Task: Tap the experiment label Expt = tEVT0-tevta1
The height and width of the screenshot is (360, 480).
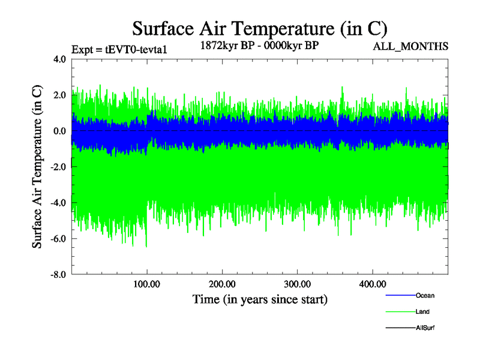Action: (119, 50)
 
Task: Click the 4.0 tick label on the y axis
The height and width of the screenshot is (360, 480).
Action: (60, 59)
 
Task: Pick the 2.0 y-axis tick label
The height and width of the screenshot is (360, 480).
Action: (60, 95)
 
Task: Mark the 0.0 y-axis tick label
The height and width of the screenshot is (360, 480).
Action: (60, 131)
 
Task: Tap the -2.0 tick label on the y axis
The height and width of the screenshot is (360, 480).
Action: (59, 167)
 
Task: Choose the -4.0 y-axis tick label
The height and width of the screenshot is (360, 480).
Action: (59, 203)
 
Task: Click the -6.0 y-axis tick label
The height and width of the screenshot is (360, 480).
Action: (59, 239)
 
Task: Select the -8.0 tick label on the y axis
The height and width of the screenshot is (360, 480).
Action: (59, 275)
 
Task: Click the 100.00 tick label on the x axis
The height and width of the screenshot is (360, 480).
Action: (147, 284)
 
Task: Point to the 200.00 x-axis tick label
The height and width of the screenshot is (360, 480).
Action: (222, 284)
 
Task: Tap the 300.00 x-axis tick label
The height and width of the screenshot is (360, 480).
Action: (297, 284)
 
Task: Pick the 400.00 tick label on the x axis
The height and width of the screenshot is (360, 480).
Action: (372, 284)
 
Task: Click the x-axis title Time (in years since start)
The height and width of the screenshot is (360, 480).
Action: (260, 299)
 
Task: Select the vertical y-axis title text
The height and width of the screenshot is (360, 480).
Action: (37, 167)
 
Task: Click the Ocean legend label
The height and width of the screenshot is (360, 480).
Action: (425, 296)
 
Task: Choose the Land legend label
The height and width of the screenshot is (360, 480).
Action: (422, 312)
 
